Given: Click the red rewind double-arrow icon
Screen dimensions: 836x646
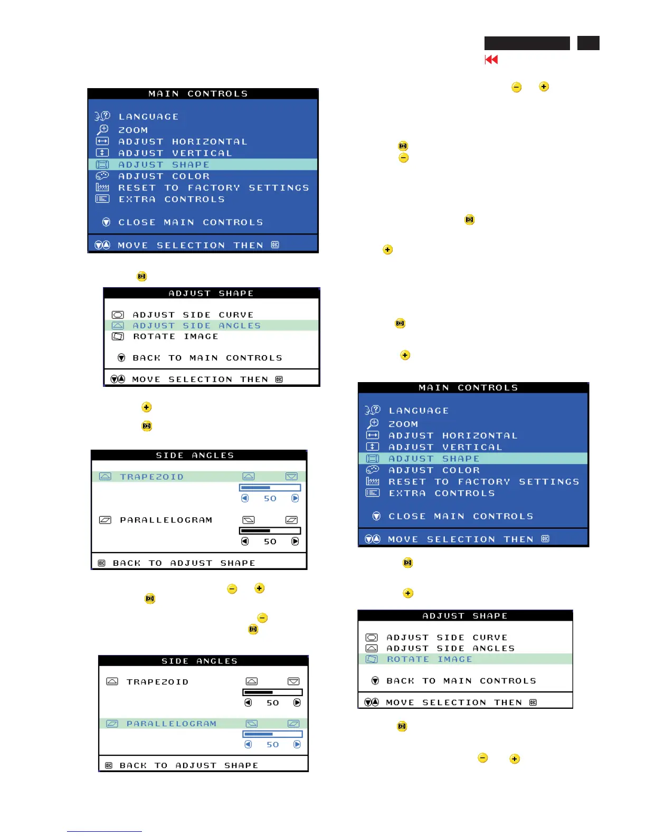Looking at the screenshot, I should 491,60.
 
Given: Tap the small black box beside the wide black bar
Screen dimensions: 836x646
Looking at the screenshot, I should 588,43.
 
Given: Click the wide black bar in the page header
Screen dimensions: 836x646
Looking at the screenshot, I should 527,43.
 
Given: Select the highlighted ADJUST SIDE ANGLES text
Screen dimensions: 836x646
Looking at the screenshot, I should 196,326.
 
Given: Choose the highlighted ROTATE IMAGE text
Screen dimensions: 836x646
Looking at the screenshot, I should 429,659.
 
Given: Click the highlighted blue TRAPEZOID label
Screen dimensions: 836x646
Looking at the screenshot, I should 151,477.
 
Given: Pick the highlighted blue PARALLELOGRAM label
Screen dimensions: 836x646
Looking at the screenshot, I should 171,724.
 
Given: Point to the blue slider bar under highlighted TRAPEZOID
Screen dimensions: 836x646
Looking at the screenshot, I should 270,488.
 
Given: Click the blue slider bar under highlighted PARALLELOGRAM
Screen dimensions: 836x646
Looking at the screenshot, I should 272,734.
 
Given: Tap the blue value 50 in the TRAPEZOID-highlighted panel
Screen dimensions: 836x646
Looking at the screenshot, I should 270,498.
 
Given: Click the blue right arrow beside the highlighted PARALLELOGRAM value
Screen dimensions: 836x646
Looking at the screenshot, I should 297,744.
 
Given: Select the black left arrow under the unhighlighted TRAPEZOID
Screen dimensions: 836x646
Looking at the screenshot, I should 248,702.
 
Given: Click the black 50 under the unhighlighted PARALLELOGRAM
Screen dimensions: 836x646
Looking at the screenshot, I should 270,541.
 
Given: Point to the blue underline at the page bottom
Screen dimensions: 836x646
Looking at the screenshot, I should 104,831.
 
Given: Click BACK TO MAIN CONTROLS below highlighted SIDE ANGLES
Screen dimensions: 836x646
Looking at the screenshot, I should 207,358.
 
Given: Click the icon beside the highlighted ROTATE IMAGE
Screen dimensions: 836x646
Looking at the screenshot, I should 372,659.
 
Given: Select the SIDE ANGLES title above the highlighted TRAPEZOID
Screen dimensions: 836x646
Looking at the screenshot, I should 195,455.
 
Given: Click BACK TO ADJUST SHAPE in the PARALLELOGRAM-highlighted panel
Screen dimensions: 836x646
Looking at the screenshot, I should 188,765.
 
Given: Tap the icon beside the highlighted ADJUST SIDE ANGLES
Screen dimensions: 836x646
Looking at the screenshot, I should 118,326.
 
